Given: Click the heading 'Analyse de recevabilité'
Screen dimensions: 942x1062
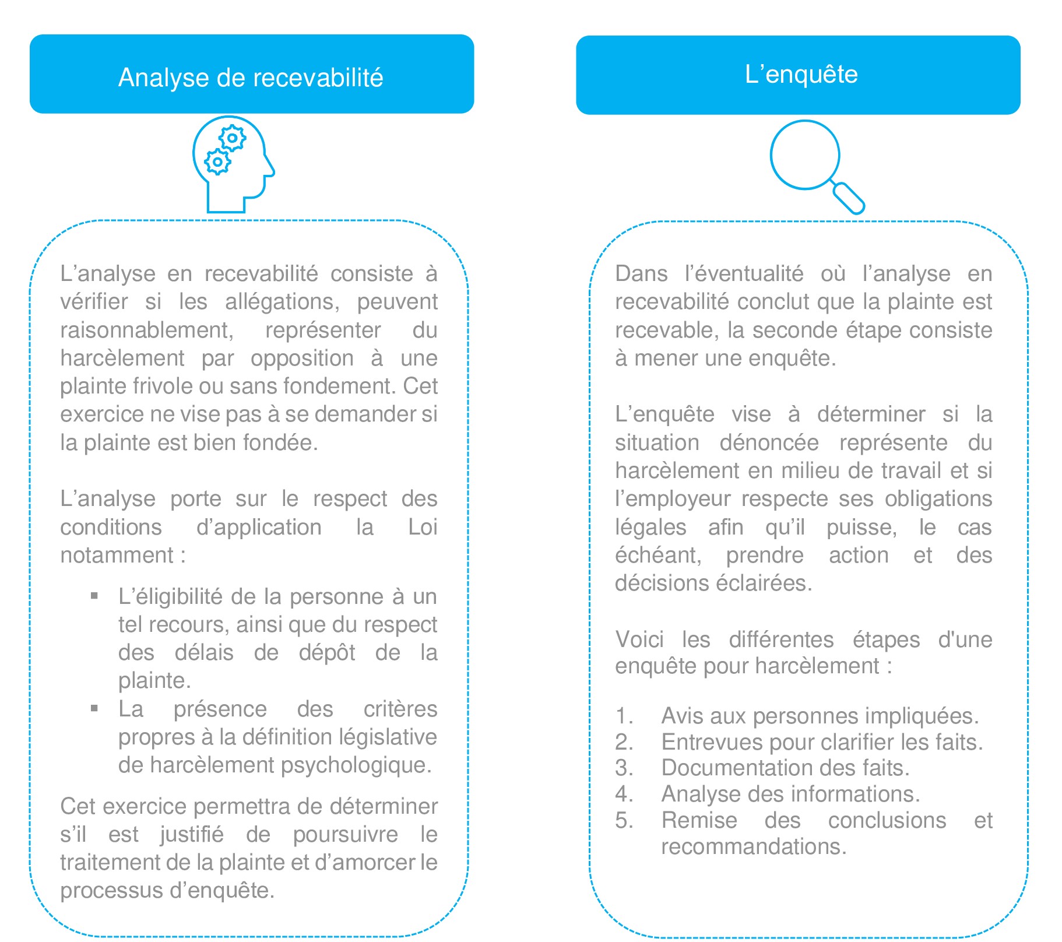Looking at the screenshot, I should click(251, 78).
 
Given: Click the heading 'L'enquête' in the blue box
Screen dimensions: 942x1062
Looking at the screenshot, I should click(801, 75).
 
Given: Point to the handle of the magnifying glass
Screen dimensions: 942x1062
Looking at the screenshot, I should click(849, 198).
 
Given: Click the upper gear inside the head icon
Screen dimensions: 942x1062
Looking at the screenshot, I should click(232, 138).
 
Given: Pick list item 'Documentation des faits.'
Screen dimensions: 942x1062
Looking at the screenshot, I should click(785, 768).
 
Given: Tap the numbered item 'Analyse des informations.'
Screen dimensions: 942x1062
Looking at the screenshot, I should click(790, 794).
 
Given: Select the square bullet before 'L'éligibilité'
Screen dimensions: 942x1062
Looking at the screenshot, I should click(94, 596).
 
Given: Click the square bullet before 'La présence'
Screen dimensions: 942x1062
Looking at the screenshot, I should click(94, 708).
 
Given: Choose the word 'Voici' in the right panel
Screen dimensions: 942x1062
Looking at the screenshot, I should click(639, 639).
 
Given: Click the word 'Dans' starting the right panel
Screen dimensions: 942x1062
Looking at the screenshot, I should click(641, 273).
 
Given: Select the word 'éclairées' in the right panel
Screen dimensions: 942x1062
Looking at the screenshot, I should click(764, 583).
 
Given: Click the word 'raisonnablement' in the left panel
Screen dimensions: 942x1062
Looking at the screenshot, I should click(146, 330).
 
